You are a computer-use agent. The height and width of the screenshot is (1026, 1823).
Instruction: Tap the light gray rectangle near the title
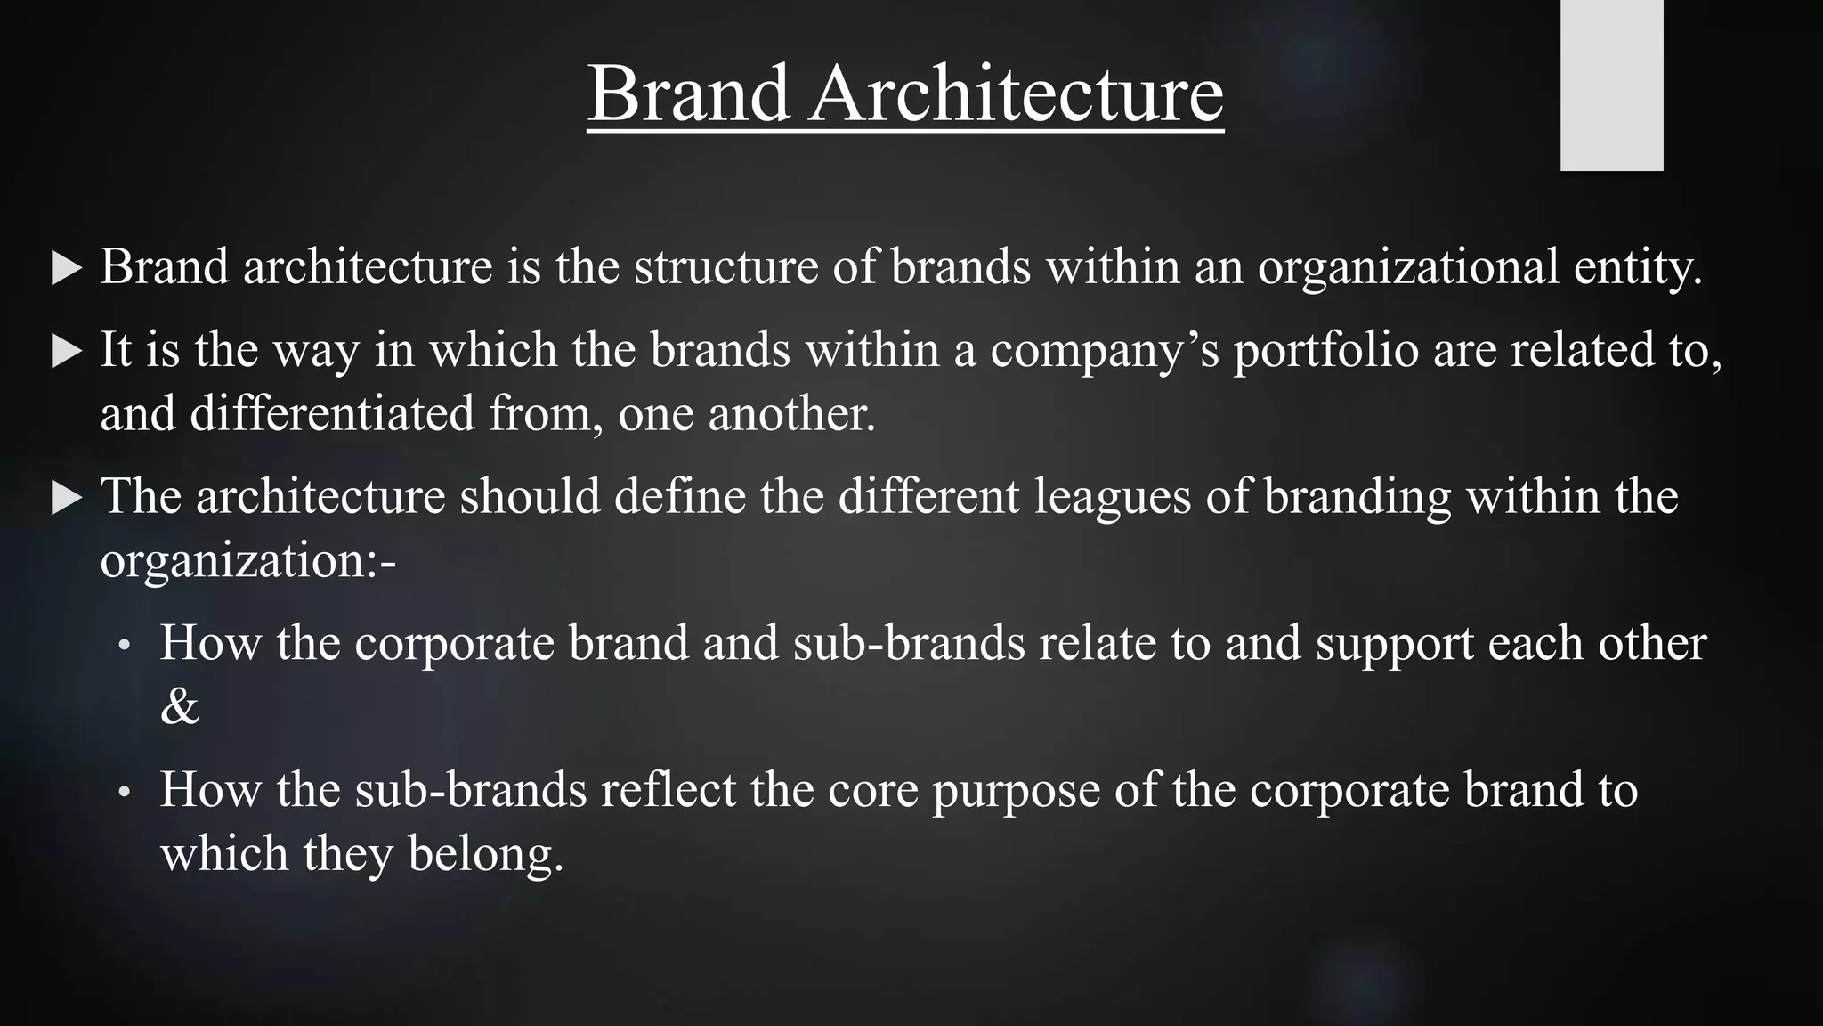click(x=1611, y=85)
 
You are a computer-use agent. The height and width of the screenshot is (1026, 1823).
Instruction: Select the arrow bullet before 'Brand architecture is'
click(x=67, y=268)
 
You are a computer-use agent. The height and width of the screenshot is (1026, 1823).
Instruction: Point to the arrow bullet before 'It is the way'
click(x=67, y=351)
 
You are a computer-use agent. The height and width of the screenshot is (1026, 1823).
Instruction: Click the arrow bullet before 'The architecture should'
click(x=67, y=498)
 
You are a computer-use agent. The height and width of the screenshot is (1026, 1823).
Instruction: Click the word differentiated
click(x=332, y=414)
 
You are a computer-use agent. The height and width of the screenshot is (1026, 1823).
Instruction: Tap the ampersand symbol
click(x=179, y=707)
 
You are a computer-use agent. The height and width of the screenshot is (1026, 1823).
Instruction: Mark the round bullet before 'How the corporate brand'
click(x=126, y=646)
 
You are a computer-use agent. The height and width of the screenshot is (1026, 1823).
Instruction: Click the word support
click(x=1394, y=645)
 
